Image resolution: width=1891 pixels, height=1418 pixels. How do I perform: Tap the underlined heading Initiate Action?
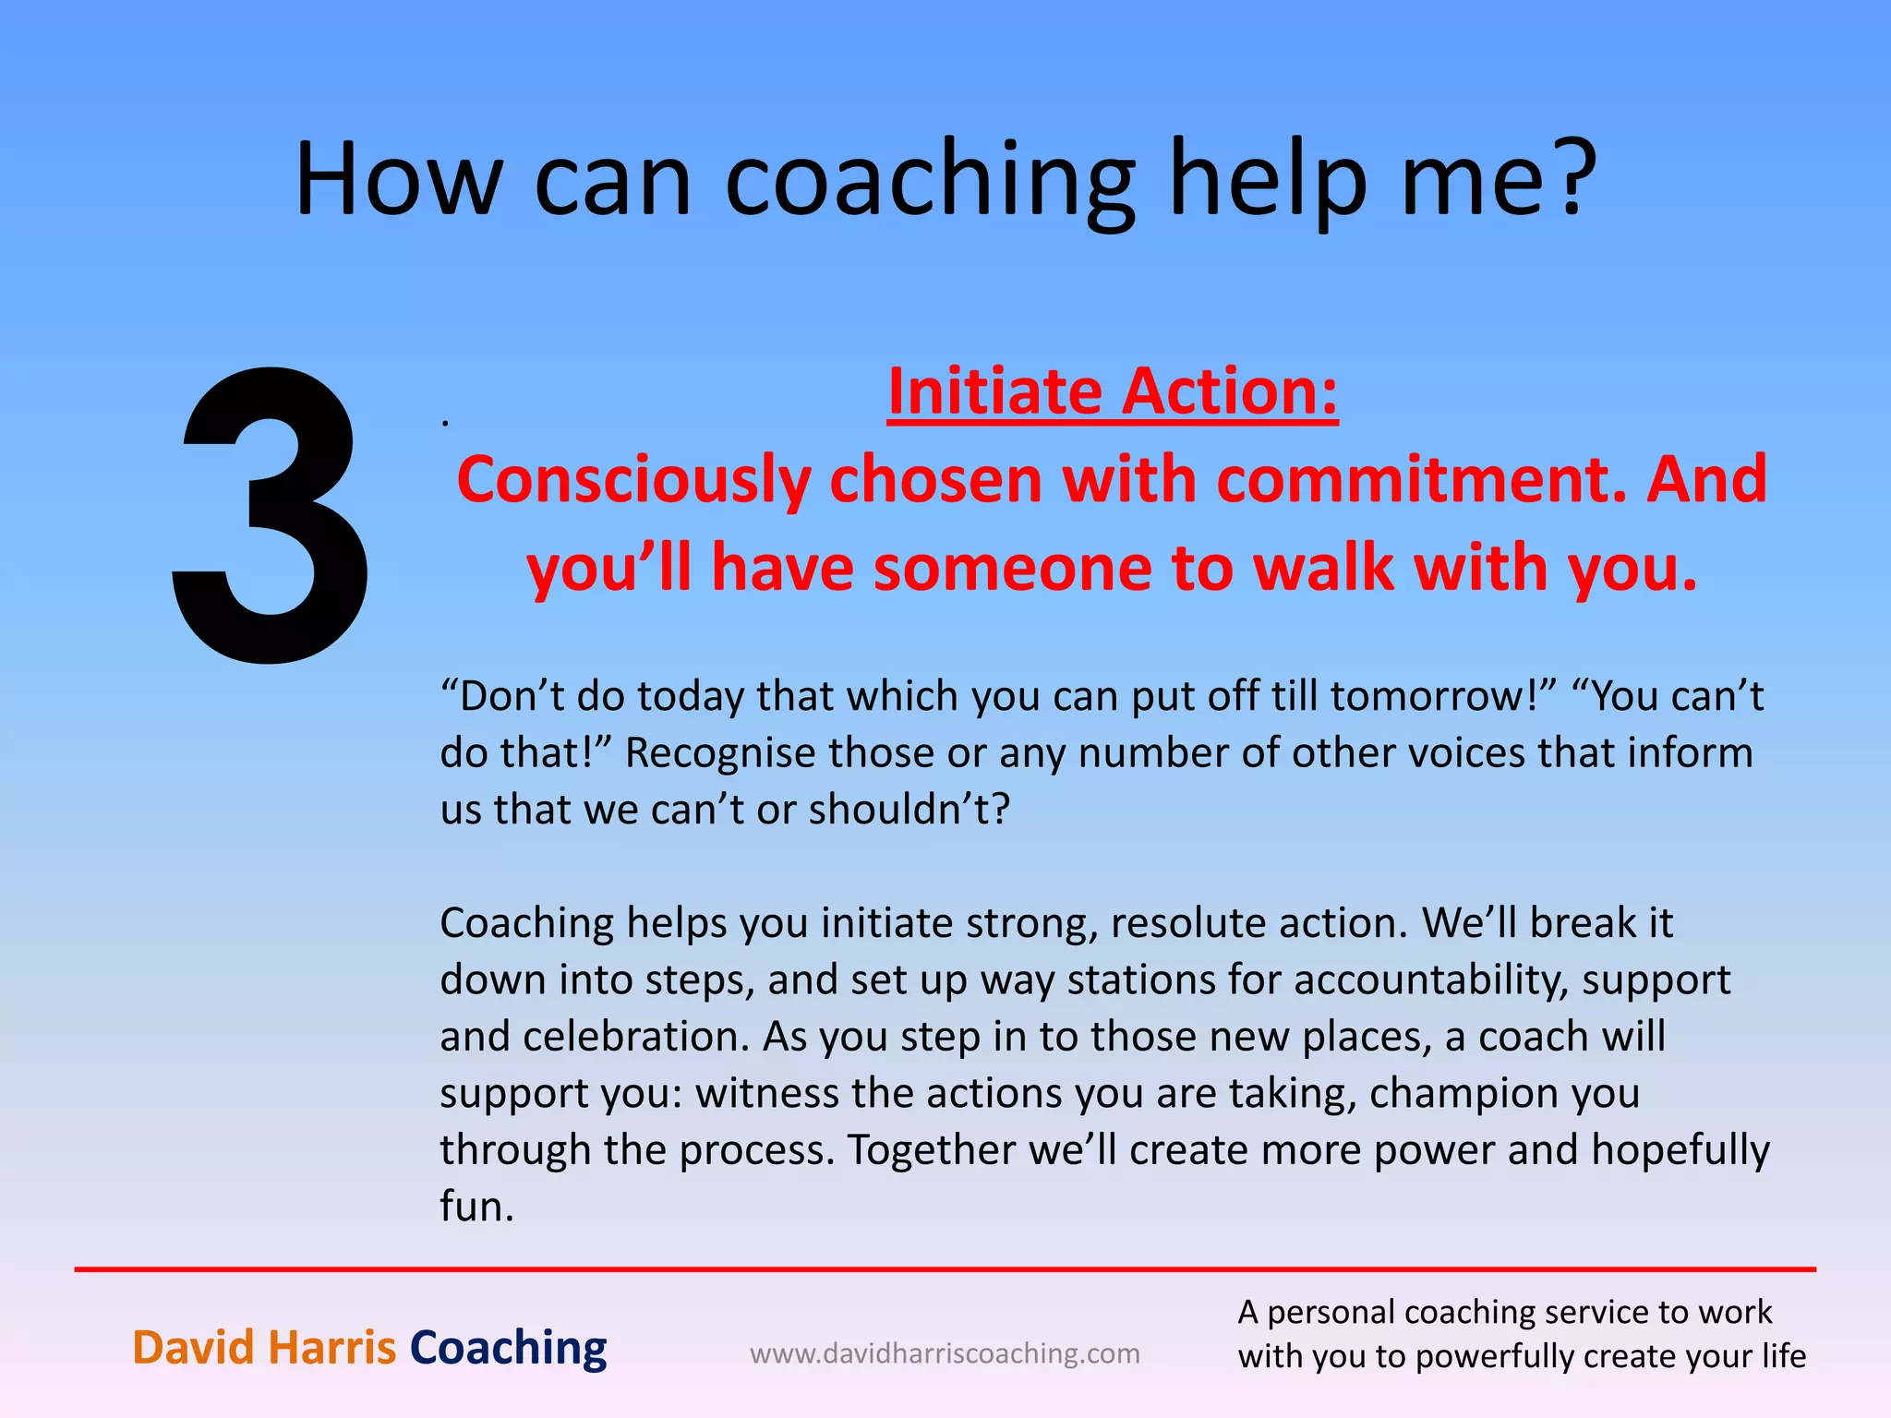click(x=1113, y=391)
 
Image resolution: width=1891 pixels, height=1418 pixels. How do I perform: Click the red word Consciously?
click(x=633, y=481)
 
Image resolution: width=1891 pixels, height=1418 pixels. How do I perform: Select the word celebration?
click(x=636, y=1037)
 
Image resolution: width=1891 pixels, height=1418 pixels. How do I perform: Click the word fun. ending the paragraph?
click(x=476, y=1207)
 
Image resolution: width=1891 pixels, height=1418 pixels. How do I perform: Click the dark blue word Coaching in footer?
click(x=508, y=1347)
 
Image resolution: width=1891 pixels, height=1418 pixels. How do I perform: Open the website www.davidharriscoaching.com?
click(x=945, y=1353)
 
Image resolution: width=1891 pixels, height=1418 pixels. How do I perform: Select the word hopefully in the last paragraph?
click(x=1680, y=1150)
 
